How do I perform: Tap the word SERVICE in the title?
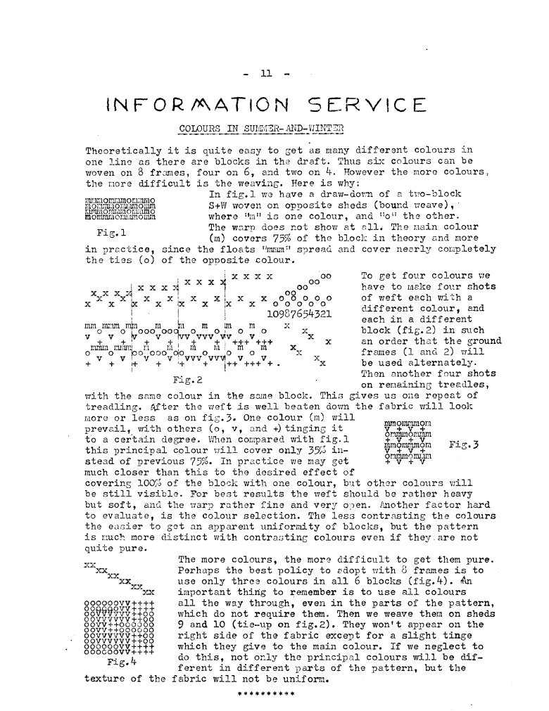coord(367,106)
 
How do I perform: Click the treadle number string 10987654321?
coord(300,313)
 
